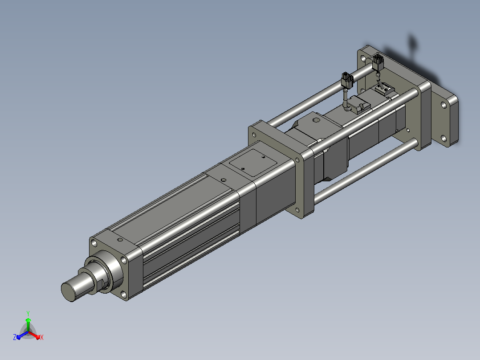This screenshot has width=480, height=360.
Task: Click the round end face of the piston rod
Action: (x=69, y=292)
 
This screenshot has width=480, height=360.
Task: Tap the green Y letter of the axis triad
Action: (x=28, y=313)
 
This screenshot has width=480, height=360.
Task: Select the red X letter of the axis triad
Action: (x=42, y=337)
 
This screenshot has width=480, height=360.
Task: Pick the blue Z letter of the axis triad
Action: (x=15, y=337)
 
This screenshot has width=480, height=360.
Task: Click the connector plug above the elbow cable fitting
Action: (x=347, y=81)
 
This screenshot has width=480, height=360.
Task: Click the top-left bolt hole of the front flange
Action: (x=94, y=244)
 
